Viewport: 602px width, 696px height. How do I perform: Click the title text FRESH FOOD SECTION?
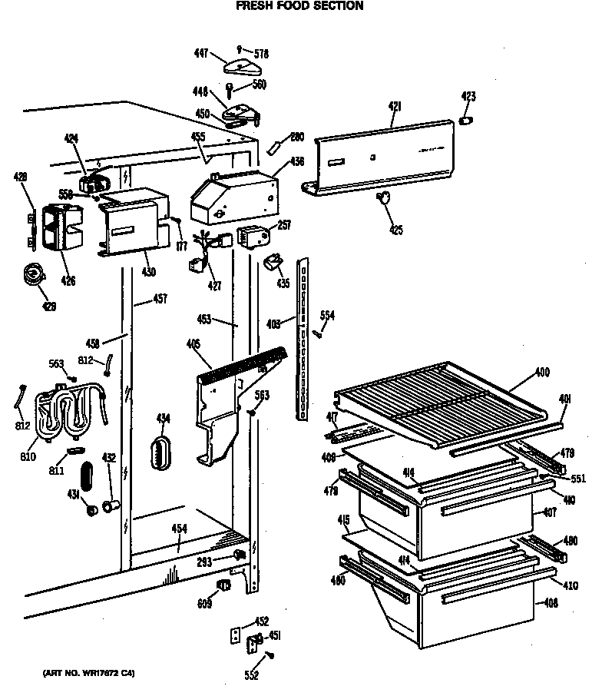[x=299, y=6]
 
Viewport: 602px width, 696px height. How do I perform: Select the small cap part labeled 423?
[x=465, y=121]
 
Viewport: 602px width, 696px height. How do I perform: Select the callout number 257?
[x=284, y=226]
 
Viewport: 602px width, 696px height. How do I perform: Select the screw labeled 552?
[x=270, y=655]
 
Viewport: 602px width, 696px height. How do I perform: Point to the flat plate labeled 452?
[x=236, y=635]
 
